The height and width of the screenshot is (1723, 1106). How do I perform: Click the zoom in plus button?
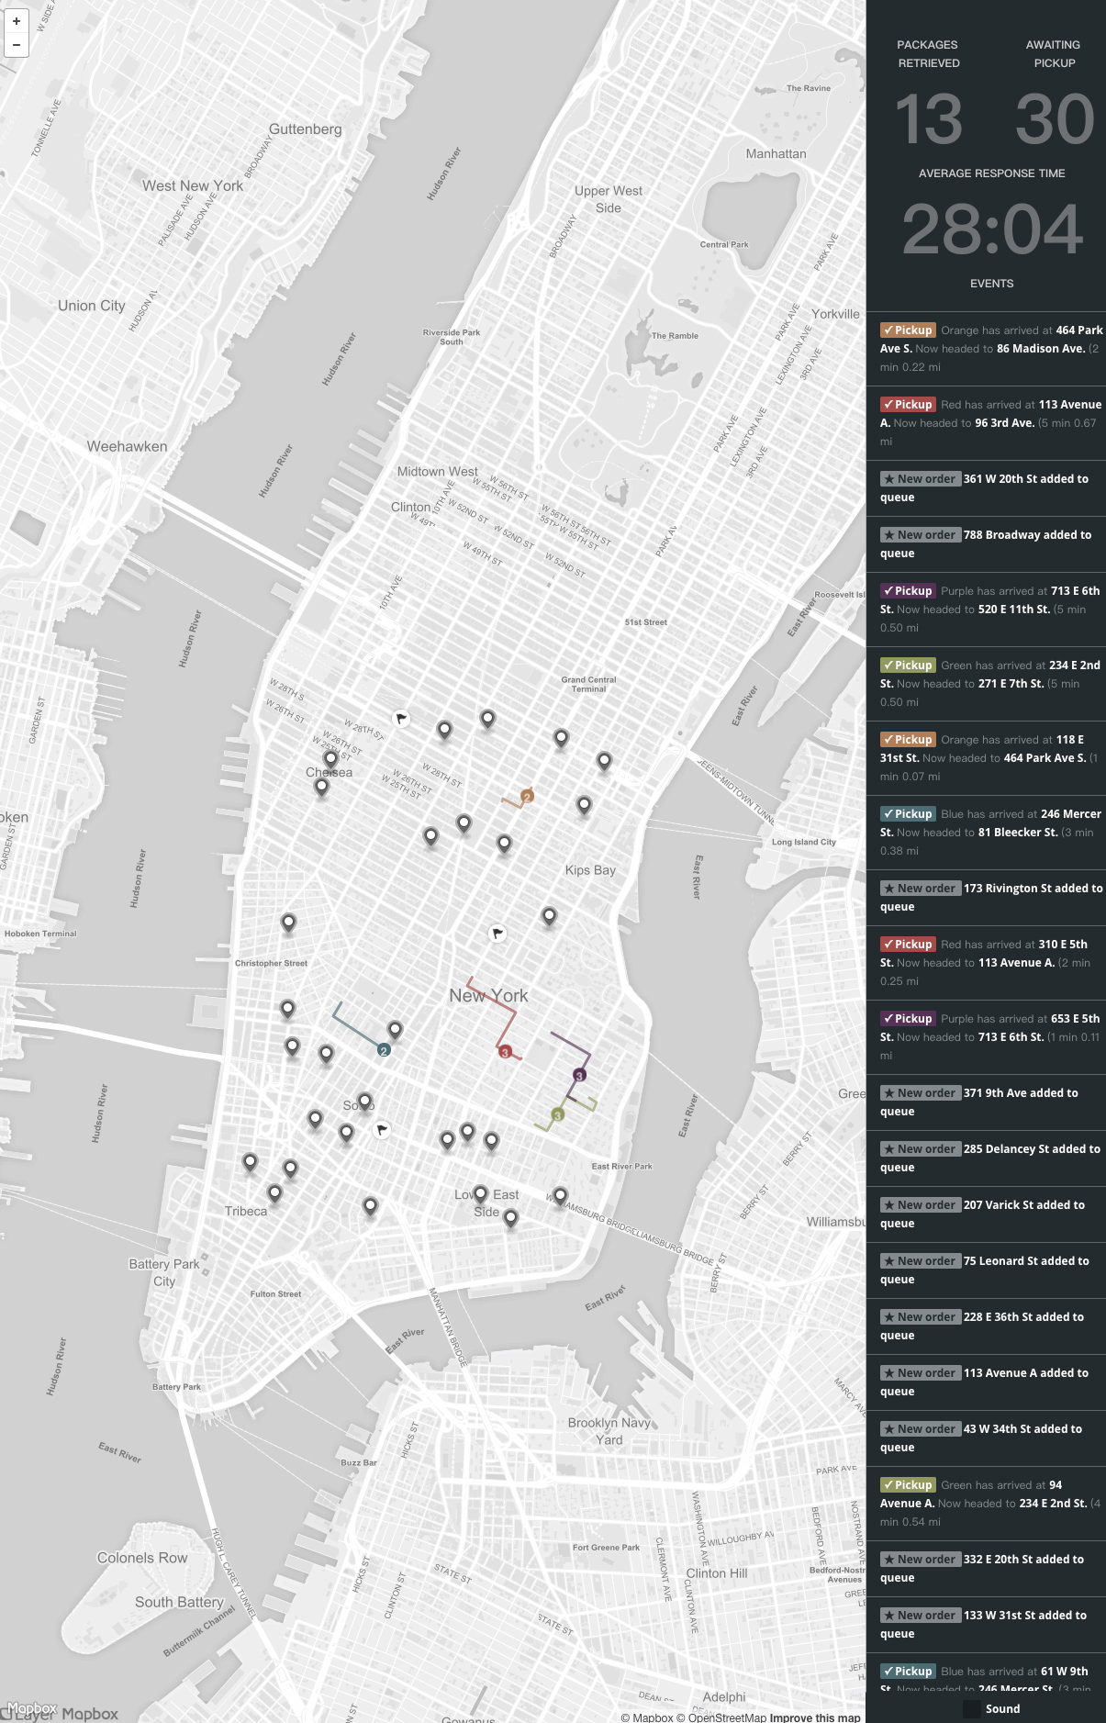17,21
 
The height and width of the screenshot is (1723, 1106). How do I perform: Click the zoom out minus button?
17,44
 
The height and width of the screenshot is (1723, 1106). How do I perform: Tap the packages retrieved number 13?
929,119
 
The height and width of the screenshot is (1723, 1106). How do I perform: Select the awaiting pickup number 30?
1055,119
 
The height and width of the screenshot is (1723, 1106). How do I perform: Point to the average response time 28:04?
991,229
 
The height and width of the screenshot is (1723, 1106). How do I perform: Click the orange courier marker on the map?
527,796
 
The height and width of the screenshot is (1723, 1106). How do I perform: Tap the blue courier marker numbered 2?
384,1050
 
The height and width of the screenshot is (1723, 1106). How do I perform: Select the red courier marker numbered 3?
505,1052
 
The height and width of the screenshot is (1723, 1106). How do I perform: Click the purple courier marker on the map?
579,1075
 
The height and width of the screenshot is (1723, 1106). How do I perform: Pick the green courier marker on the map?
557,1114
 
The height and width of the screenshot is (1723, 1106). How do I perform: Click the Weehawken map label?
127,447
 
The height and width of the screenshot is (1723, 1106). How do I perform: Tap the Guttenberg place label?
305,129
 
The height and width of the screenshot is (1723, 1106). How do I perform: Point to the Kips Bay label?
590,870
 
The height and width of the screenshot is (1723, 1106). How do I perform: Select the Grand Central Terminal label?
588,684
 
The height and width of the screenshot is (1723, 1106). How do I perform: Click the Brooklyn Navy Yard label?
609,1431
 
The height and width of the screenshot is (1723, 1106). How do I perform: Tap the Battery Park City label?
164,1272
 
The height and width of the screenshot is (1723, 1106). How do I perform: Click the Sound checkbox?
972,1708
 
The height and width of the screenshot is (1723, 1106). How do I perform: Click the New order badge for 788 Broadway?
921,535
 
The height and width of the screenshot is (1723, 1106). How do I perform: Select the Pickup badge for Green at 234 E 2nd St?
907,666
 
